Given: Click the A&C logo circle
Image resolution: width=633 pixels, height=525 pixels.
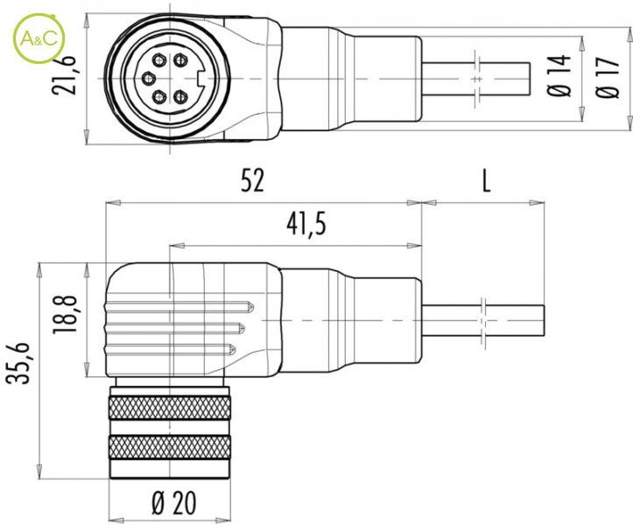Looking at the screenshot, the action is [39, 38].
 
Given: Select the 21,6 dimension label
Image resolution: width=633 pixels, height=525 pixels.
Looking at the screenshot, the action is [64, 75].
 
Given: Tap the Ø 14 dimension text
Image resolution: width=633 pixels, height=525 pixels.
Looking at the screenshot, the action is [559, 75].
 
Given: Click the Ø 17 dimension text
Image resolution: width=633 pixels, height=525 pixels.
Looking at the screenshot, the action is [607, 78].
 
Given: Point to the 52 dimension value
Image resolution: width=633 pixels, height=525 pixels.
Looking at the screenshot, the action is [253, 180].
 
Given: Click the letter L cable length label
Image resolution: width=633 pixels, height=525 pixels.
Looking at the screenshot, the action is [487, 180].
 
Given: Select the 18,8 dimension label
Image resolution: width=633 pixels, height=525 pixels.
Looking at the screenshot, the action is [65, 314].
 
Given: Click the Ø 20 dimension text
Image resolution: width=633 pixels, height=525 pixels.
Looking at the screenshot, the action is [174, 503].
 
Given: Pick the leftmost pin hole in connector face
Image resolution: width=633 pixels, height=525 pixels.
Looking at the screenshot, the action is [149, 77].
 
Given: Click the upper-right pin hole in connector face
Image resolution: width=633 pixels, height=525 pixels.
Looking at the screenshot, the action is [180, 60].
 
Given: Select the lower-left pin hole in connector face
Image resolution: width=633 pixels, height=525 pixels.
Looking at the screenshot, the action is [159, 97].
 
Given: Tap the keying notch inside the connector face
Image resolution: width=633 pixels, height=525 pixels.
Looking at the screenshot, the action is [200, 78].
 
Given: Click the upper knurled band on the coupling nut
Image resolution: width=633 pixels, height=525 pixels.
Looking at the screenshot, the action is [170, 408].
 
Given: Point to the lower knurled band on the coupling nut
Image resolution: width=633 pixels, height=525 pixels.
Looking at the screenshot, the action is [170, 447].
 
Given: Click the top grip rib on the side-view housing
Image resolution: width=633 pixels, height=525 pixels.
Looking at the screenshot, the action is [180, 307].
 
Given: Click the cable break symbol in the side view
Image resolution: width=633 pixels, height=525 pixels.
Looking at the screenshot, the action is [483, 321].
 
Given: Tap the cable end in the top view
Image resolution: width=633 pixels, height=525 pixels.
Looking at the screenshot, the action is [529, 79].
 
